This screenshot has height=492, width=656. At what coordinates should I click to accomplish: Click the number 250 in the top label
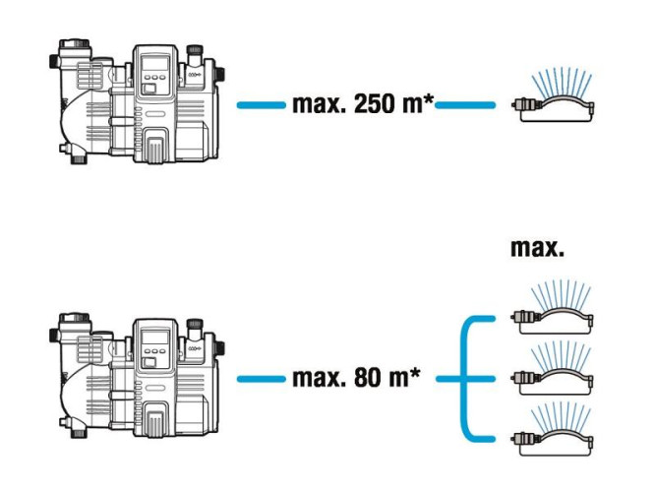(374, 104)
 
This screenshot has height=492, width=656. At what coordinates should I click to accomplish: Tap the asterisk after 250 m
(429, 99)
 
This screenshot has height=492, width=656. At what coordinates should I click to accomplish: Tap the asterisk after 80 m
(414, 373)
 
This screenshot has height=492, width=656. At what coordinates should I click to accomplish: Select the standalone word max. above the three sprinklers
(538, 247)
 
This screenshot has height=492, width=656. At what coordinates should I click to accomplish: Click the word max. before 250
(320, 104)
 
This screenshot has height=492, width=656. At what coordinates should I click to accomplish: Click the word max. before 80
(320, 378)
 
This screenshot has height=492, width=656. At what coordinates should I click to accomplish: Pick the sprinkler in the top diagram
(553, 97)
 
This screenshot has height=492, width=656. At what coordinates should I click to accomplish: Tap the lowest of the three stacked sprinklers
(553, 430)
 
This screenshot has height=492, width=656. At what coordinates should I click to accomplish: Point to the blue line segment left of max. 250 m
(262, 104)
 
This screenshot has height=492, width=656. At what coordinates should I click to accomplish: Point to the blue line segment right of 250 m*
(465, 104)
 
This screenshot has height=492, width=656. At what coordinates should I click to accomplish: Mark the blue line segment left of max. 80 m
(262, 379)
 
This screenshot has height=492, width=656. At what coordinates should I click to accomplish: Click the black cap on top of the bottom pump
(195, 324)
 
